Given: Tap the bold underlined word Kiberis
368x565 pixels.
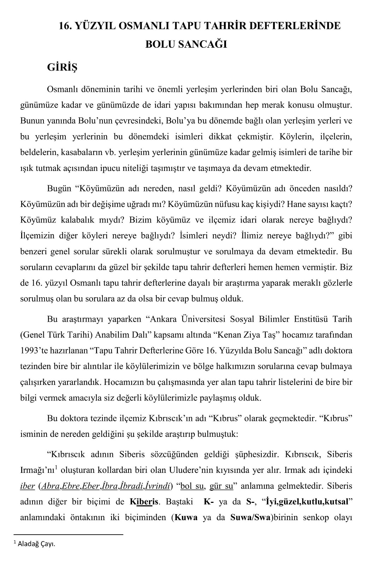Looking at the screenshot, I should (x=144, y=501).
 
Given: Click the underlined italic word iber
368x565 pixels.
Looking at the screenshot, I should (x=28, y=486).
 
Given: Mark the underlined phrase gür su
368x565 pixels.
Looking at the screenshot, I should (x=221, y=486).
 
